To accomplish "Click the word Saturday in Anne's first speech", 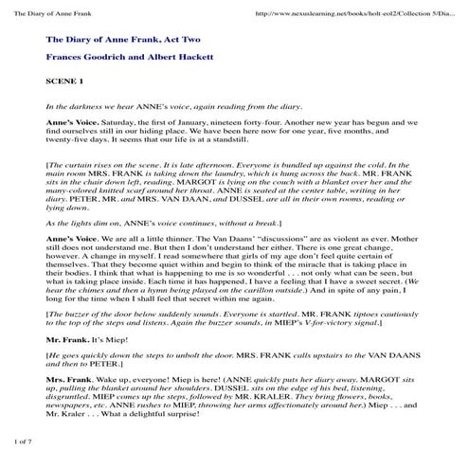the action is point(115,121).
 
